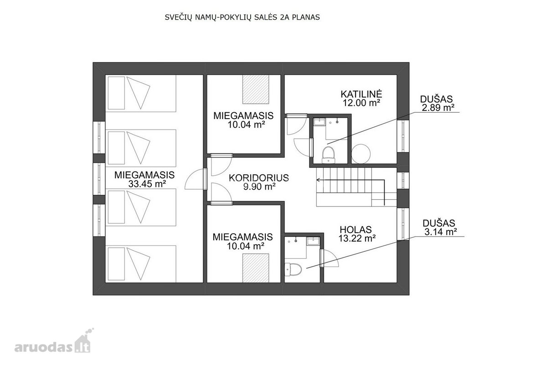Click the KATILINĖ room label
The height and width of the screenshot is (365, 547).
(x=361, y=94)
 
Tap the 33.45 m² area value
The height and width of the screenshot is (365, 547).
(x=147, y=184)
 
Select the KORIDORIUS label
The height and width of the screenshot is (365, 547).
(x=259, y=178)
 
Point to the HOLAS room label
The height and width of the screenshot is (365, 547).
(x=356, y=229)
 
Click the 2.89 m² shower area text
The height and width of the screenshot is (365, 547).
(x=438, y=108)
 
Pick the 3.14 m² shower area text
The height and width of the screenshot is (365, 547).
(x=440, y=231)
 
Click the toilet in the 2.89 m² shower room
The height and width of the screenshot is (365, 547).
(x=329, y=155)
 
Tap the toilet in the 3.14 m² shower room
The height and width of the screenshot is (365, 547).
(x=293, y=269)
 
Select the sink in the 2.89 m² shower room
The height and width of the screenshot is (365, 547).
(x=320, y=122)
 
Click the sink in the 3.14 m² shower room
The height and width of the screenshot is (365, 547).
(x=313, y=241)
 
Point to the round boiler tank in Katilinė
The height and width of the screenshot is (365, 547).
(x=361, y=154)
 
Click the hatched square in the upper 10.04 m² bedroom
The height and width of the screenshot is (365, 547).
(x=256, y=89)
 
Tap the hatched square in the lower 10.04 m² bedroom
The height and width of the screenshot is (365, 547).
(x=256, y=268)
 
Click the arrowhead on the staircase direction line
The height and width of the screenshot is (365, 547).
(x=318, y=180)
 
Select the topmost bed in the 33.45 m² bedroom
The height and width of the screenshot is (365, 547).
(x=141, y=93)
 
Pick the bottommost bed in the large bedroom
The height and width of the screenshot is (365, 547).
(x=141, y=264)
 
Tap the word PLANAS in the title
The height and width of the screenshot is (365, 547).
(x=306, y=17)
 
